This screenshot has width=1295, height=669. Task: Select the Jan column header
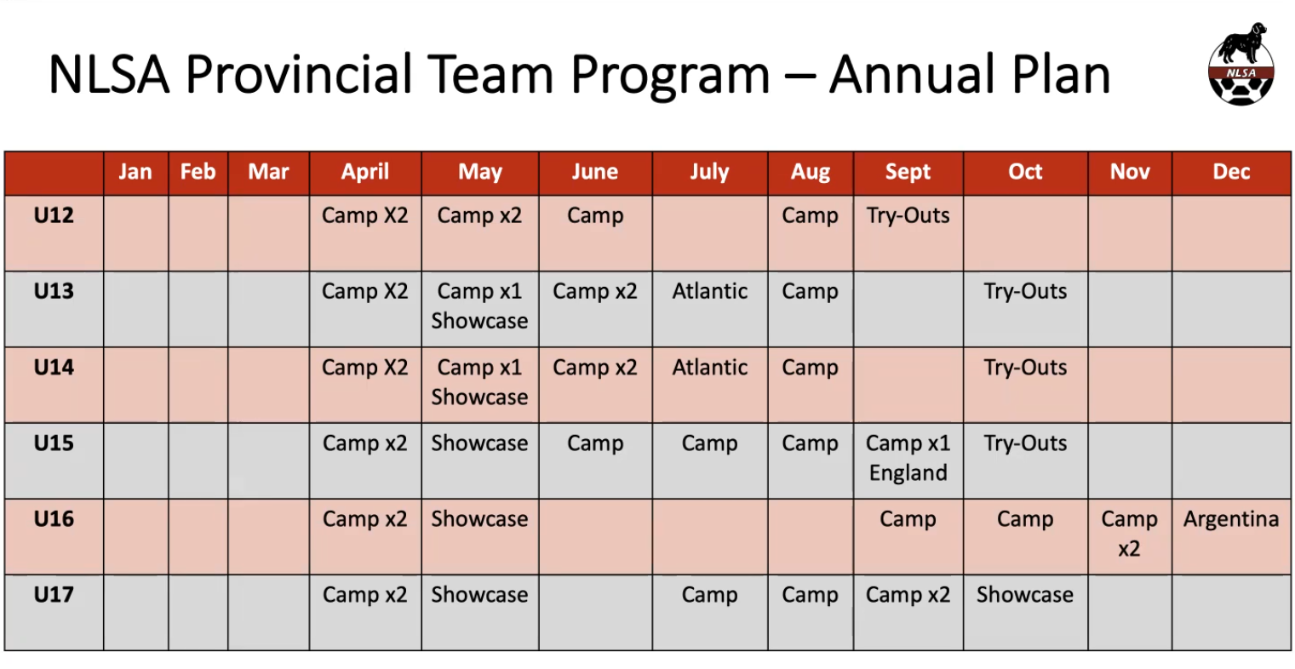coord(135,172)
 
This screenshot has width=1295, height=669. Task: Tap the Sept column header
coord(908,172)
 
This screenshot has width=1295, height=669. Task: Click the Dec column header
coord(1231,172)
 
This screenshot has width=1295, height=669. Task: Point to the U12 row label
coord(54,215)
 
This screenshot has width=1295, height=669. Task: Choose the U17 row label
coord(54,594)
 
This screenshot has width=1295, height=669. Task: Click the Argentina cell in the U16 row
coord(1231,519)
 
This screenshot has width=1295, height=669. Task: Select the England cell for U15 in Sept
coord(908,473)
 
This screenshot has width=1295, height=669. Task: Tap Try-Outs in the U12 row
coord(908,215)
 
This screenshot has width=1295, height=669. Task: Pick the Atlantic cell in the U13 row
coord(710,291)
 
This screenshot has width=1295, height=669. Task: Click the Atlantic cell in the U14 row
coord(710,368)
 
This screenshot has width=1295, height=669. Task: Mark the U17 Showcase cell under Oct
coord(1025,594)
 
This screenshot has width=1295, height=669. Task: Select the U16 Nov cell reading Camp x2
coord(1129,534)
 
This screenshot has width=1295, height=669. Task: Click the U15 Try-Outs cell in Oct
coord(1025,443)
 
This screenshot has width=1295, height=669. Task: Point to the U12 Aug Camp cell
coord(810,215)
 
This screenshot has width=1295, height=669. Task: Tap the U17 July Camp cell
coord(710,594)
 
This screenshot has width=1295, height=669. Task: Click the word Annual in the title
coord(913,74)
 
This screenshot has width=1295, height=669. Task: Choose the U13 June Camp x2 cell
coord(595,291)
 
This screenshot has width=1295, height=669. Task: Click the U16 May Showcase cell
coord(480,519)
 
